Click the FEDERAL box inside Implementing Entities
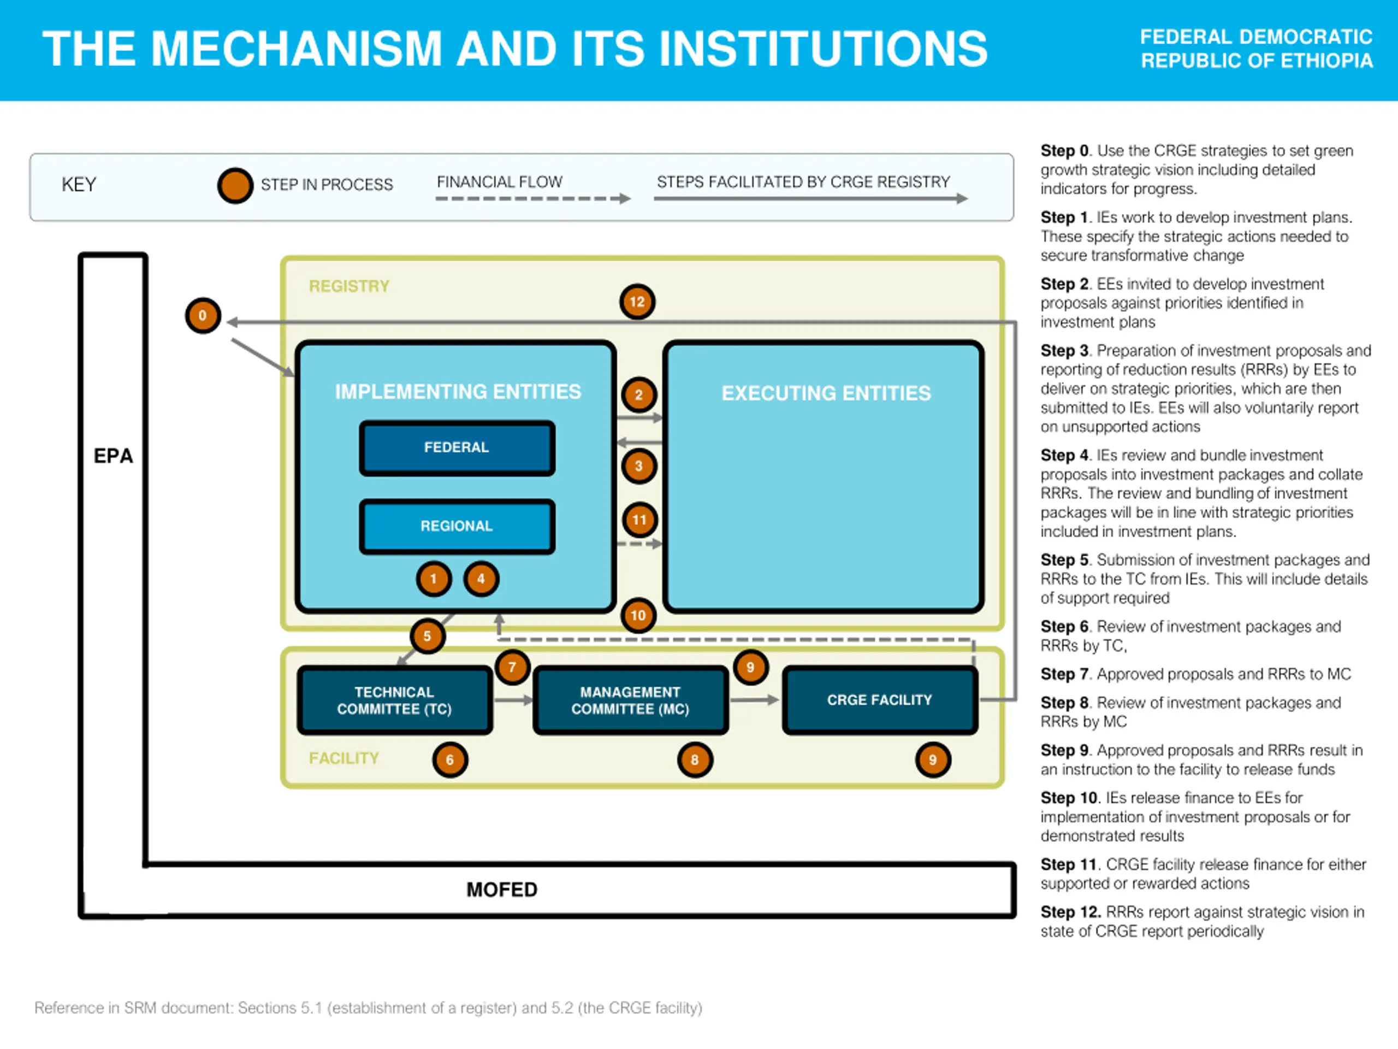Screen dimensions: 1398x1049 point(457,447)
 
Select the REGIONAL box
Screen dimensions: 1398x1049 point(457,526)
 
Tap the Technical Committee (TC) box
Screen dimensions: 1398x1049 point(394,700)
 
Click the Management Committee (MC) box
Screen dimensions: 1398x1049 point(630,700)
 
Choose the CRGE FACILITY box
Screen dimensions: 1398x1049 point(880,700)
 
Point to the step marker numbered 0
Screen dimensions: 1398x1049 point(203,316)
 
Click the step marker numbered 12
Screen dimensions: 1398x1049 point(637,302)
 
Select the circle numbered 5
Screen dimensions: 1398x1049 point(427,636)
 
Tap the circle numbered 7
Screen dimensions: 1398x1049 point(512,667)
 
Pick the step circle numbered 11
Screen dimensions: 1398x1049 point(639,520)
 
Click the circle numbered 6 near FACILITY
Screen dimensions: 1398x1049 point(450,759)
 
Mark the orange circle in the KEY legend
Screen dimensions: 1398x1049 point(235,185)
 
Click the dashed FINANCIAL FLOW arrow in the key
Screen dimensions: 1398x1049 point(533,198)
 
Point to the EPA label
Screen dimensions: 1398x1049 point(113,456)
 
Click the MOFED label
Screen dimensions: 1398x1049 point(502,889)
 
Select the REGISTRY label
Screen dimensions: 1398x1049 point(349,286)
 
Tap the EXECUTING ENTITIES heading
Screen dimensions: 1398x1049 point(826,393)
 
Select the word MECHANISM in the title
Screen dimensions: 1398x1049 point(297,49)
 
